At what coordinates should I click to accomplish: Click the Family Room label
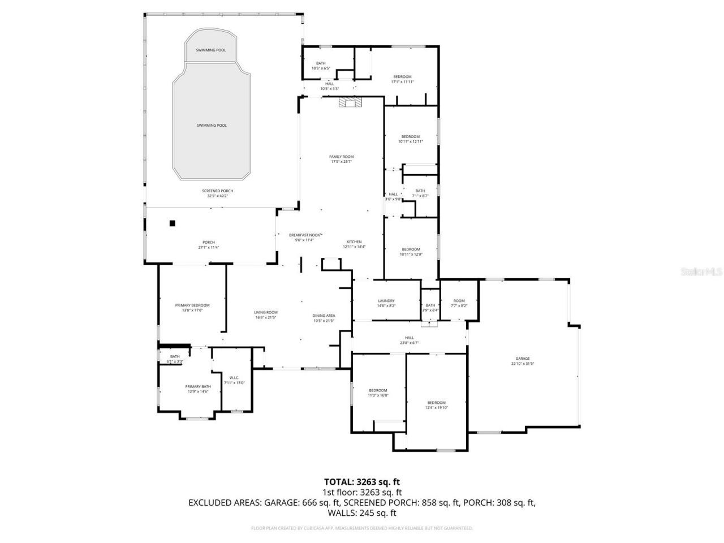point(341,157)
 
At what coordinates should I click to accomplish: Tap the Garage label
point(522,359)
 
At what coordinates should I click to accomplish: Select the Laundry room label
point(386,301)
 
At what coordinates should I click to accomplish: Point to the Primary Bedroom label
point(192,305)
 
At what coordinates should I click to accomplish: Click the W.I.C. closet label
point(234,378)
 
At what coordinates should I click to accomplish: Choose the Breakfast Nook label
point(305,235)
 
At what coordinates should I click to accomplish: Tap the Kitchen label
point(354,242)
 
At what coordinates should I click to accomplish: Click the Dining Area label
point(324,316)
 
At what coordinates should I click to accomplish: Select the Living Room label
point(265,312)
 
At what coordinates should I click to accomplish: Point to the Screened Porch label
point(218,191)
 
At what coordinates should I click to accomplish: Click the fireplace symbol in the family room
point(350,102)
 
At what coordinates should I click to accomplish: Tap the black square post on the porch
point(173,223)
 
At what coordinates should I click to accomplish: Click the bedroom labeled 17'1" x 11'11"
point(402,77)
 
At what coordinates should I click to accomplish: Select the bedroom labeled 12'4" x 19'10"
point(436,403)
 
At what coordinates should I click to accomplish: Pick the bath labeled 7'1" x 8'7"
point(420,191)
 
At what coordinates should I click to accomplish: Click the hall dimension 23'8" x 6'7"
point(409,343)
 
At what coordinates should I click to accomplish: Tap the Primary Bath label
point(198,386)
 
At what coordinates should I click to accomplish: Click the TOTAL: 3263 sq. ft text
point(362,482)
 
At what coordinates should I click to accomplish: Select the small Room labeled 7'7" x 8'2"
point(459,301)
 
